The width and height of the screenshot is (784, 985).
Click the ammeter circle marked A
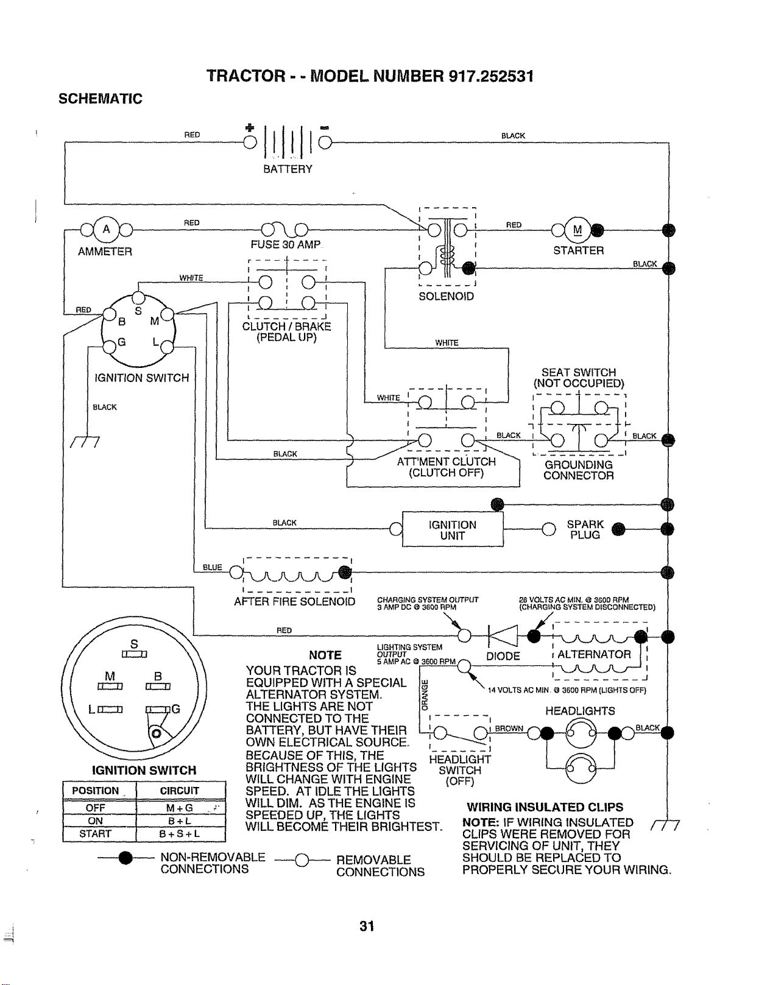pos(106,229)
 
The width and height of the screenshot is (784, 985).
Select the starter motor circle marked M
pos(577,230)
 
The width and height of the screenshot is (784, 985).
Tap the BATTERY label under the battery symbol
pos(288,169)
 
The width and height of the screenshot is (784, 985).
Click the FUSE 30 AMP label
pos(285,245)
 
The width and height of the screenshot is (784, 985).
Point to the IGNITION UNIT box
pos(453,529)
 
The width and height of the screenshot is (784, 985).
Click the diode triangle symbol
pos(503,636)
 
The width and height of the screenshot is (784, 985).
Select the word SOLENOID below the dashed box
pos(447,296)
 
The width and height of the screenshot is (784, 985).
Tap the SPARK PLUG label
pos(585,529)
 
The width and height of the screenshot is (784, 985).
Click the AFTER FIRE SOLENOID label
pos(294,601)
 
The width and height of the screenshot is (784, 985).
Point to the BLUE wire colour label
pos(213,567)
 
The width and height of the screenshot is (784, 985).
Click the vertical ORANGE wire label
pos(424,694)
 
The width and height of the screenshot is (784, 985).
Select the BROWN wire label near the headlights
pos(509,728)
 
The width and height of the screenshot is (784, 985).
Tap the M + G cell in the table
pos(180,808)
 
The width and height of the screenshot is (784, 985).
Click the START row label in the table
pos(95,833)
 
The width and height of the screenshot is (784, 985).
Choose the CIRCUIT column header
pos(180,791)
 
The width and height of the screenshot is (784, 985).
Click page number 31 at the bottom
pos(367,926)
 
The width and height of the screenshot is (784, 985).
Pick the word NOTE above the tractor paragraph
pos(325,655)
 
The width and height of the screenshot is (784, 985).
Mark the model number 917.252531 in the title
pos(490,76)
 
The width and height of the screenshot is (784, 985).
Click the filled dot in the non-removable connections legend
pos(125,858)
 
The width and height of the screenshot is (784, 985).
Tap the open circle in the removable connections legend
pos(302,861)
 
